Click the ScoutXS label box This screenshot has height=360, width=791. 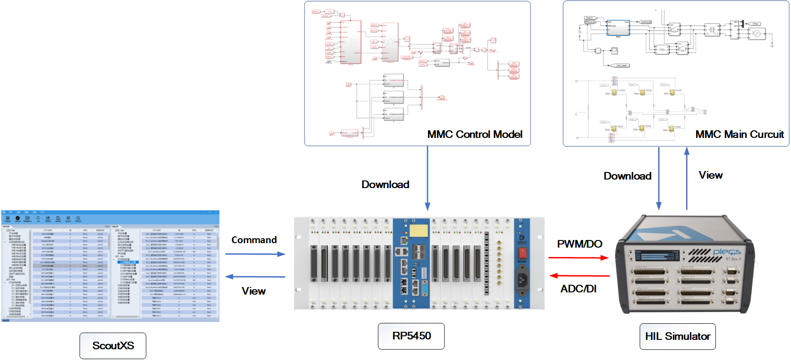pos(113,346)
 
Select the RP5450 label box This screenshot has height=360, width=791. pos(411,336)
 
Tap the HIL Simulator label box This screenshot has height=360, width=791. pos(677,336)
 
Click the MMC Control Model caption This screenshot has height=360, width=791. pos(475,134)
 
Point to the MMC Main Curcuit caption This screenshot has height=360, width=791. pos(739,134)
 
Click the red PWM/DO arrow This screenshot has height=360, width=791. pos(578,258)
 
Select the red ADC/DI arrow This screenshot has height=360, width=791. pos(579,276)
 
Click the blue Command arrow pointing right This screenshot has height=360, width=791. pos(255,254)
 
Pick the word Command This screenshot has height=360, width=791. pos(254,240)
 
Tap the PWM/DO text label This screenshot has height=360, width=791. pos(579,244)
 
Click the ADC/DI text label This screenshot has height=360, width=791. pos(578,289)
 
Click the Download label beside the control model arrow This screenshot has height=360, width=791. pos(385,184)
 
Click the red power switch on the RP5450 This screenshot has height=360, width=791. pos(522,252)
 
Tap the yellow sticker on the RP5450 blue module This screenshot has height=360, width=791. pos(419,231)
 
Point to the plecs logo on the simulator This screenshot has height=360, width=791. pos(727,252)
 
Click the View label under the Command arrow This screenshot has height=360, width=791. pos(254,291)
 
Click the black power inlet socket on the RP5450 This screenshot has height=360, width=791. pos(522,279)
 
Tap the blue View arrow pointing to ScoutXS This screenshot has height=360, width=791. pos(255,277)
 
